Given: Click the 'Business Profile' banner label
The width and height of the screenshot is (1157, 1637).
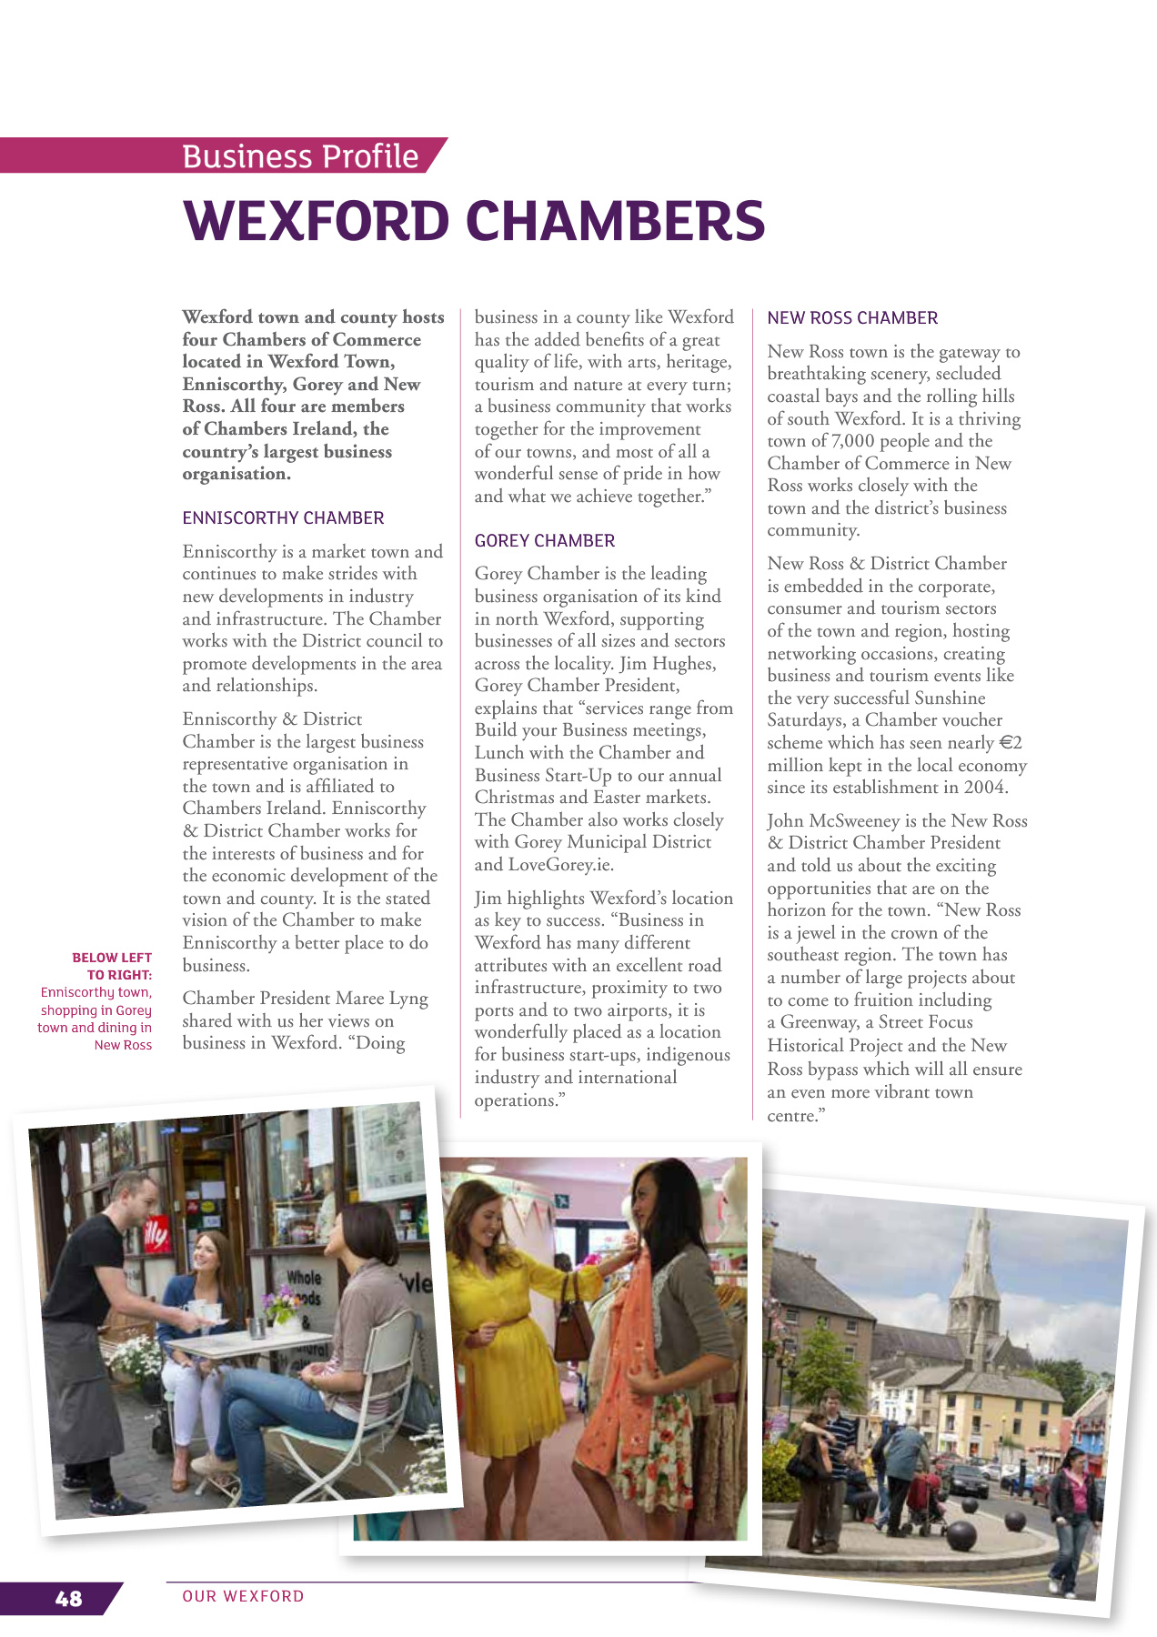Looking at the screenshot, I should click(300, 156).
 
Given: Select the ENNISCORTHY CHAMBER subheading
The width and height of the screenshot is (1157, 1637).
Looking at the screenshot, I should click(283, 518).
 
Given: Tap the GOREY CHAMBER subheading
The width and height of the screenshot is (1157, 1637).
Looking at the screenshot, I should click(545, 541).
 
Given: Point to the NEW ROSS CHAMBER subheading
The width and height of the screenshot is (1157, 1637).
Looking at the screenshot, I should click(852, 318).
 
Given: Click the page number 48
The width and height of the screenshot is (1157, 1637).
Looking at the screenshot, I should click(68, 1599).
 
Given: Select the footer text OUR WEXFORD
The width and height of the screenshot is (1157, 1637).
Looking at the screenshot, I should click(243, 1596).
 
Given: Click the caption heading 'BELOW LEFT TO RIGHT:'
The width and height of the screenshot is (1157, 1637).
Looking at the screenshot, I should click(112, 966).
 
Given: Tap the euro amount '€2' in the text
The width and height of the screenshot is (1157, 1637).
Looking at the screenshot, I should click(1011, 743).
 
